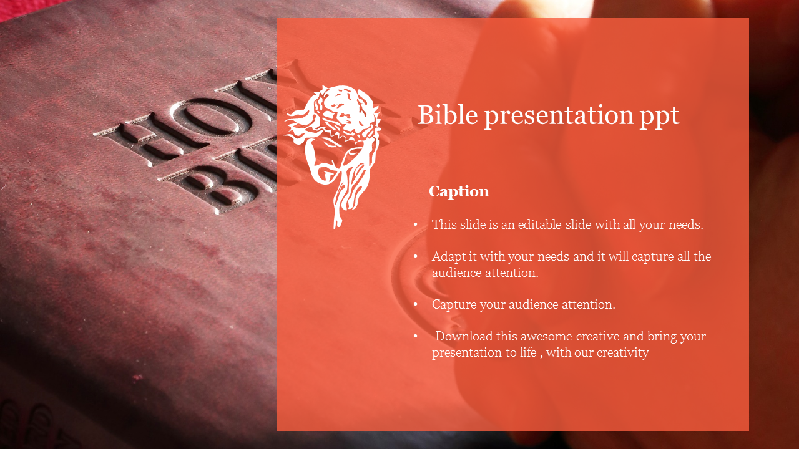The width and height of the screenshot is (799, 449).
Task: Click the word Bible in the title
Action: pos(448,115)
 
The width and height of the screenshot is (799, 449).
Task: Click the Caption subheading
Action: pos(459,191)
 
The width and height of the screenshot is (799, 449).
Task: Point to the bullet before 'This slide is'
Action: pos(416,225)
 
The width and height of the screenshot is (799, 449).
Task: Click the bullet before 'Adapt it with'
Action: pos(416,256)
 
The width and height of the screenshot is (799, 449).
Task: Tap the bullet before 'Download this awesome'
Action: pos(416,336)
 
